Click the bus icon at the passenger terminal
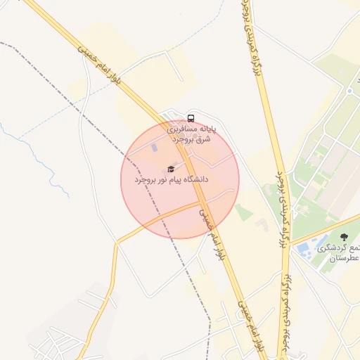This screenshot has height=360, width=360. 191,117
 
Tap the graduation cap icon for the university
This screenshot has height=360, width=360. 170,169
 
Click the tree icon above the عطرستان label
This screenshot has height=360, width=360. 343,238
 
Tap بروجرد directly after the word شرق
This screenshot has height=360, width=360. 184,139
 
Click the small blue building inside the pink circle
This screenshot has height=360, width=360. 155,149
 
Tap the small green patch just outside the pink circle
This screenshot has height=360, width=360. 243,212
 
